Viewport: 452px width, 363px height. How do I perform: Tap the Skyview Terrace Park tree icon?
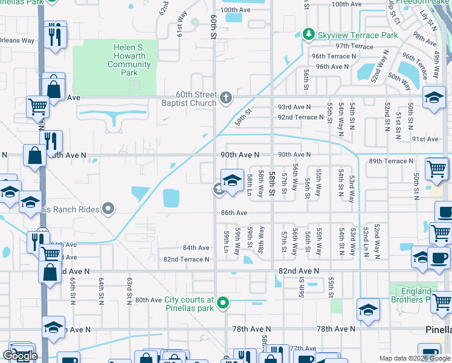click(309, 34)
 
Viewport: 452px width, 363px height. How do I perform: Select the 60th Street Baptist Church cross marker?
click(225, 97)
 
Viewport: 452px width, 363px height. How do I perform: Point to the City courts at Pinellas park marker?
click(223, 302)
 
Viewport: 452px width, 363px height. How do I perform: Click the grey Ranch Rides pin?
click(108, 209)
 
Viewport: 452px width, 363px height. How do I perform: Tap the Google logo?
click(20, 355)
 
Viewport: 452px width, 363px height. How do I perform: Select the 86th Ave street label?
click(234, 213)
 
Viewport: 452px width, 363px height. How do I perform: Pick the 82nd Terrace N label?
click(187, 260)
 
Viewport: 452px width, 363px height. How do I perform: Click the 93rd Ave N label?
click(294, 106)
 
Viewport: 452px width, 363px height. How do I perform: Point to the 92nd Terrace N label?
click(301, 117)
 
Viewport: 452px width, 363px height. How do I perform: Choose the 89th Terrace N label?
click(392, 161)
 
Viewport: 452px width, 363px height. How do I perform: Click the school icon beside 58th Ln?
click(232, 180)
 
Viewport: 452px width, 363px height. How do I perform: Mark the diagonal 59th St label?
click(242, 114)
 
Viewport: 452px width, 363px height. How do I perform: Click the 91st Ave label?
click(425, 139)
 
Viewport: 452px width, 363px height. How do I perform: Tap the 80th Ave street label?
click(149, 300)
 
